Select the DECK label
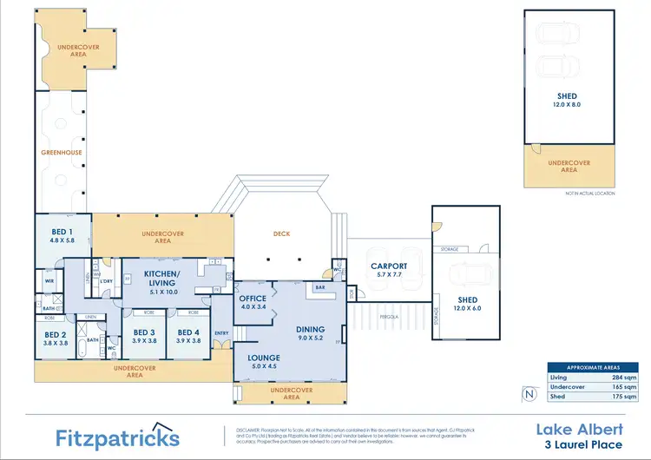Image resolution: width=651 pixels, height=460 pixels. (x=280, y=233)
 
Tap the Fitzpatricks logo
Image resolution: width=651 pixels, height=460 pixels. (x=117, y=436)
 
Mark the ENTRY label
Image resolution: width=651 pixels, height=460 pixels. (x=220, y=332)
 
